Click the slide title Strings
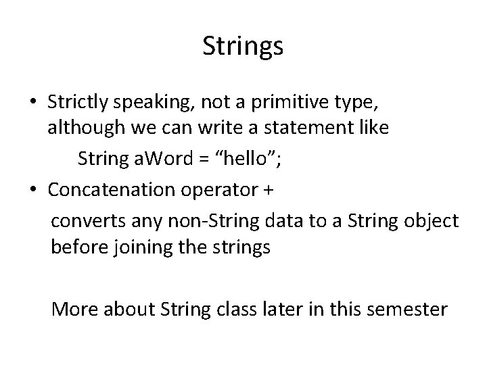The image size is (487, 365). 243,47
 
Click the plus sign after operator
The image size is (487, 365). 267,190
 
